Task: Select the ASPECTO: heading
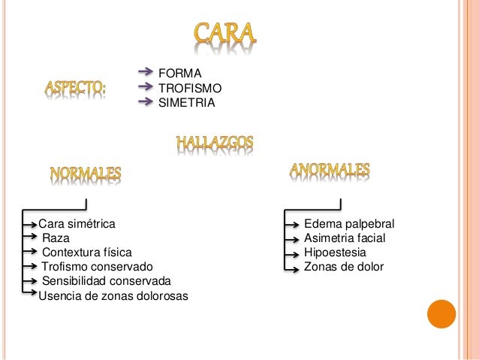pos(74,89)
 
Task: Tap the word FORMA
pos(179,74)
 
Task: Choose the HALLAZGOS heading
pos(214,142)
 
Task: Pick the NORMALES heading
pos(85,174)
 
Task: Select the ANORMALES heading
pos(330,171)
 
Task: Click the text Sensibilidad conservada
pos(106,281)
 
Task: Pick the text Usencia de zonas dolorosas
pos(113,295)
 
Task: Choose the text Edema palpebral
pos(348,224)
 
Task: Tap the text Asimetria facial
pos(345,238)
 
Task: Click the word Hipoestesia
pos(335,253)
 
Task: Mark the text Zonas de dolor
pos(343,267)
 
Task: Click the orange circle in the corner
pos(441,315)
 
